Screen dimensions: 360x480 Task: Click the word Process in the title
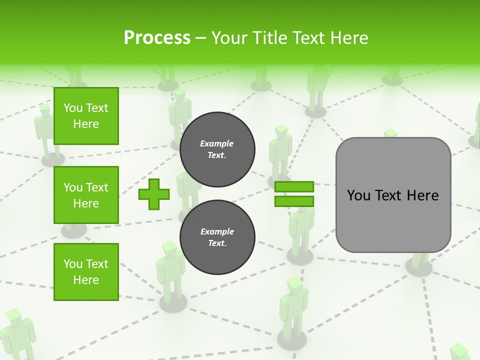coord(157,38)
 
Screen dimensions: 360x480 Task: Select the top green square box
coord(86,116)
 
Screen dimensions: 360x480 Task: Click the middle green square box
coord(86,195)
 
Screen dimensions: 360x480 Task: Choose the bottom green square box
coord(86,272)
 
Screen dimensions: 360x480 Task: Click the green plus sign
coord(154,194)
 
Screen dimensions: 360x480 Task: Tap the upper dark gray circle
coord(217,149)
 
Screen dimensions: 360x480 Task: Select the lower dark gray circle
coord(217,237)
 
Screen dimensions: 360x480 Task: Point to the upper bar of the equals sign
coord(294,187)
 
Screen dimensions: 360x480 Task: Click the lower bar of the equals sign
coord(294,201)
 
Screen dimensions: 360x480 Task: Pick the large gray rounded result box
coord(393,195)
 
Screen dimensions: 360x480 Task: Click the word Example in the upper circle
coord(217,143)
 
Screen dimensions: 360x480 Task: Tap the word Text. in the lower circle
coord(217,243)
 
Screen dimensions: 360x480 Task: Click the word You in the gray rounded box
coord(358,195)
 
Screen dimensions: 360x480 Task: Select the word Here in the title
coord(347,38)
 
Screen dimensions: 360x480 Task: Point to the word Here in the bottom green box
coord(86,280)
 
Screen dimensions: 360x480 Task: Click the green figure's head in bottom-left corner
coord(13,316)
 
